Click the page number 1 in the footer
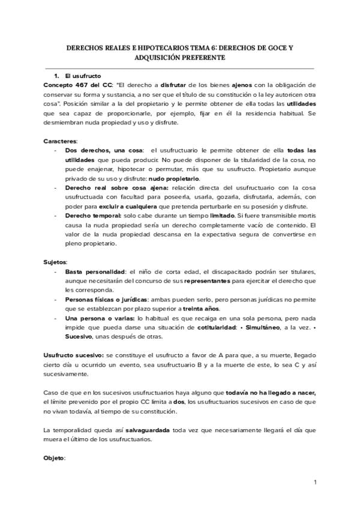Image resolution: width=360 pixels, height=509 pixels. click(x=314, y=483)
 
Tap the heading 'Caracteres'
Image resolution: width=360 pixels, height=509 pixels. click(x=60, y=140)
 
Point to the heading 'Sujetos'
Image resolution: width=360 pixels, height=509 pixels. click(x=55, y=262)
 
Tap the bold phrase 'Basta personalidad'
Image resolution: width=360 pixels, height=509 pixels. click(x=94, y=272)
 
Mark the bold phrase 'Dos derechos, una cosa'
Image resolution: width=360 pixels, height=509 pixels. click(x=100, y=149)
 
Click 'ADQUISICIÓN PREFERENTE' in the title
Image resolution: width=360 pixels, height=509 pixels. click(x=180, y=58)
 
